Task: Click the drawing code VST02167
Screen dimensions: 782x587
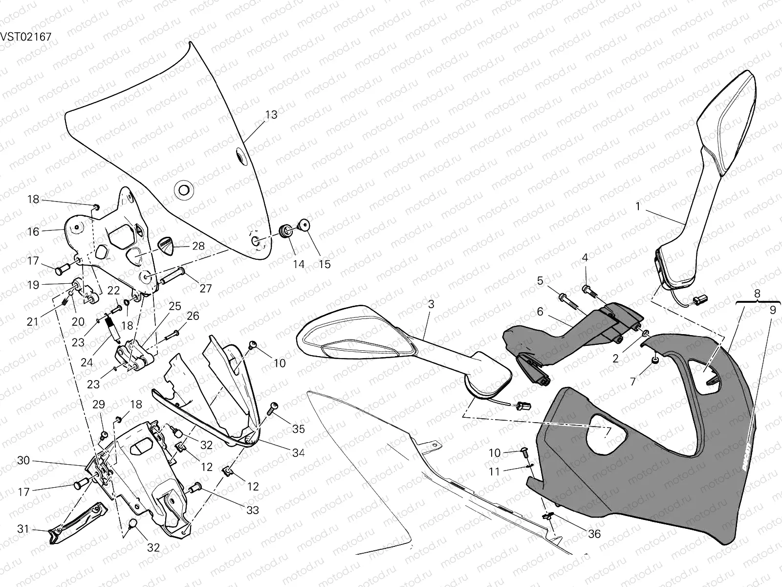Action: [25, 37]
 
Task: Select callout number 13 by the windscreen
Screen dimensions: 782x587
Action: [271, 114]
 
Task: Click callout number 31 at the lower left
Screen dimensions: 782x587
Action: [23, 529]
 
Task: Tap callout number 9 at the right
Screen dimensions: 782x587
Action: [773, 310]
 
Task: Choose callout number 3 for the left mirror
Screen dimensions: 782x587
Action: [431, 304]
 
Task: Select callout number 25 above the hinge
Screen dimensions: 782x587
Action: [175, 306]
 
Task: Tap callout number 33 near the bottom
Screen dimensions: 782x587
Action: [252, 510]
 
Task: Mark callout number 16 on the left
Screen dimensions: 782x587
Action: [33, 231]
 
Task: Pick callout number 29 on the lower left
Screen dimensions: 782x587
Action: [99, 404]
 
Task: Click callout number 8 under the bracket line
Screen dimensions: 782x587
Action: [757, 294]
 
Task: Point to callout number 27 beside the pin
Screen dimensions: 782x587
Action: [206, 288]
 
